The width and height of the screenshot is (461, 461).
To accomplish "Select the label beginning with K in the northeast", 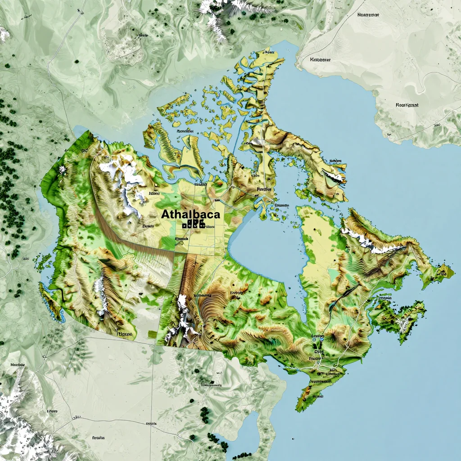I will pos(321,59).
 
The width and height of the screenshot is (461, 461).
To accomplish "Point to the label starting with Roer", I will pos(407,105).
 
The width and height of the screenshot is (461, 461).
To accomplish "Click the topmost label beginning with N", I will pos(368,14).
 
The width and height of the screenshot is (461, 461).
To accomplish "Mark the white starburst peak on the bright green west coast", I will pos(62,170).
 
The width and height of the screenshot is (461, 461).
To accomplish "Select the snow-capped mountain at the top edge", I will pos(216,14).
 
